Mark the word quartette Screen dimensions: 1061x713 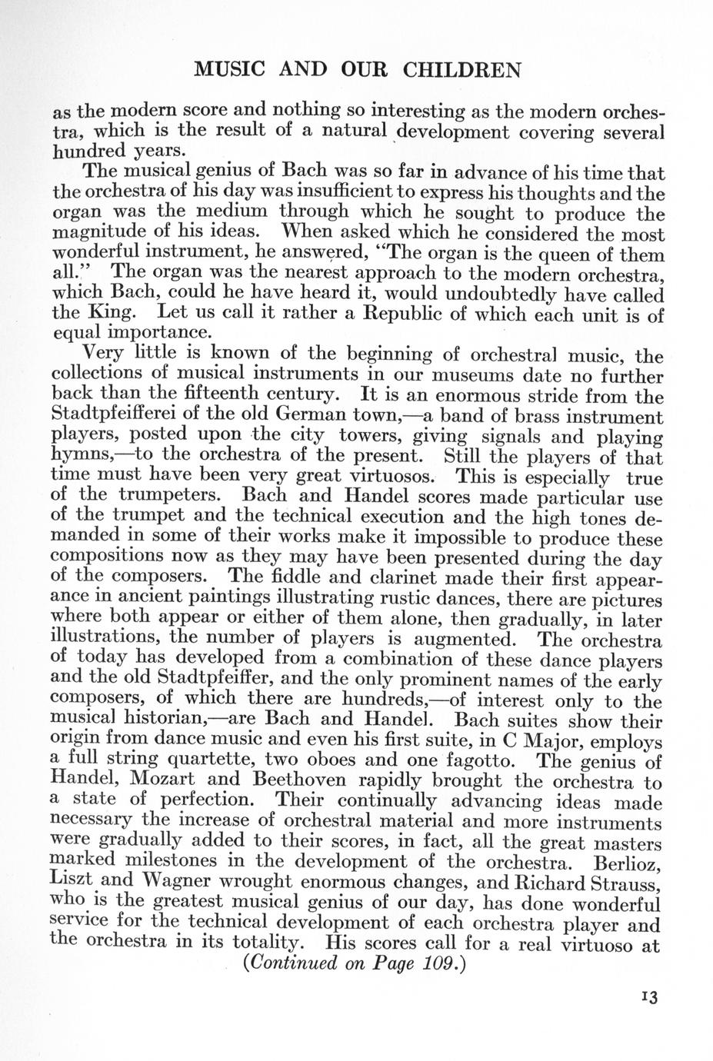point(212,762)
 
